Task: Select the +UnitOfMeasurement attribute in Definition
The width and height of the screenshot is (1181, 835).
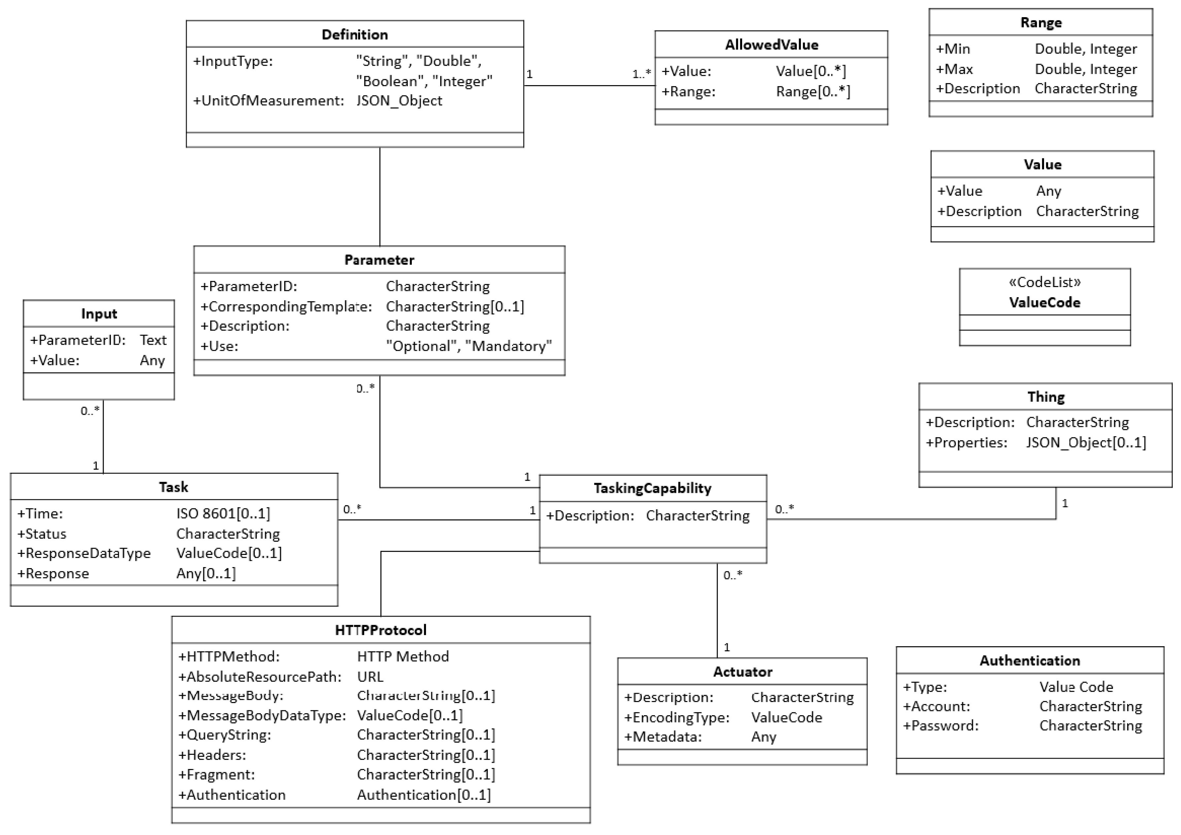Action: pos(268,101)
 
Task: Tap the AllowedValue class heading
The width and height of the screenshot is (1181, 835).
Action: pos(771,45)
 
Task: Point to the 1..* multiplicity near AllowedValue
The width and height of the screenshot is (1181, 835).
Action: pos(641,74)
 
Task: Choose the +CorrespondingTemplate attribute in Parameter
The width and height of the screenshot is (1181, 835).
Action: pos(286,306)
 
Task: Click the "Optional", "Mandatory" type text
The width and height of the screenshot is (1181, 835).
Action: pos(469,346)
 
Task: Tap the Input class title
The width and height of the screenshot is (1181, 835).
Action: pos(99,314)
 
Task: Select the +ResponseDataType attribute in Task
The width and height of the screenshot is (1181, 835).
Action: pos(84,553)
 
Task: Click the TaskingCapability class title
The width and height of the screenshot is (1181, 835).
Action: pos(652,488)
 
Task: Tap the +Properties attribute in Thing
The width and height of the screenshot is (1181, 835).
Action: pos(966,443)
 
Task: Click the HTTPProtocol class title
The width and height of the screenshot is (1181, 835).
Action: pos(381,630)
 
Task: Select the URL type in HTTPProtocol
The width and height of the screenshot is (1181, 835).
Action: pos(370,677)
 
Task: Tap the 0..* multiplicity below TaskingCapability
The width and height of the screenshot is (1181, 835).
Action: pos(733,575)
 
